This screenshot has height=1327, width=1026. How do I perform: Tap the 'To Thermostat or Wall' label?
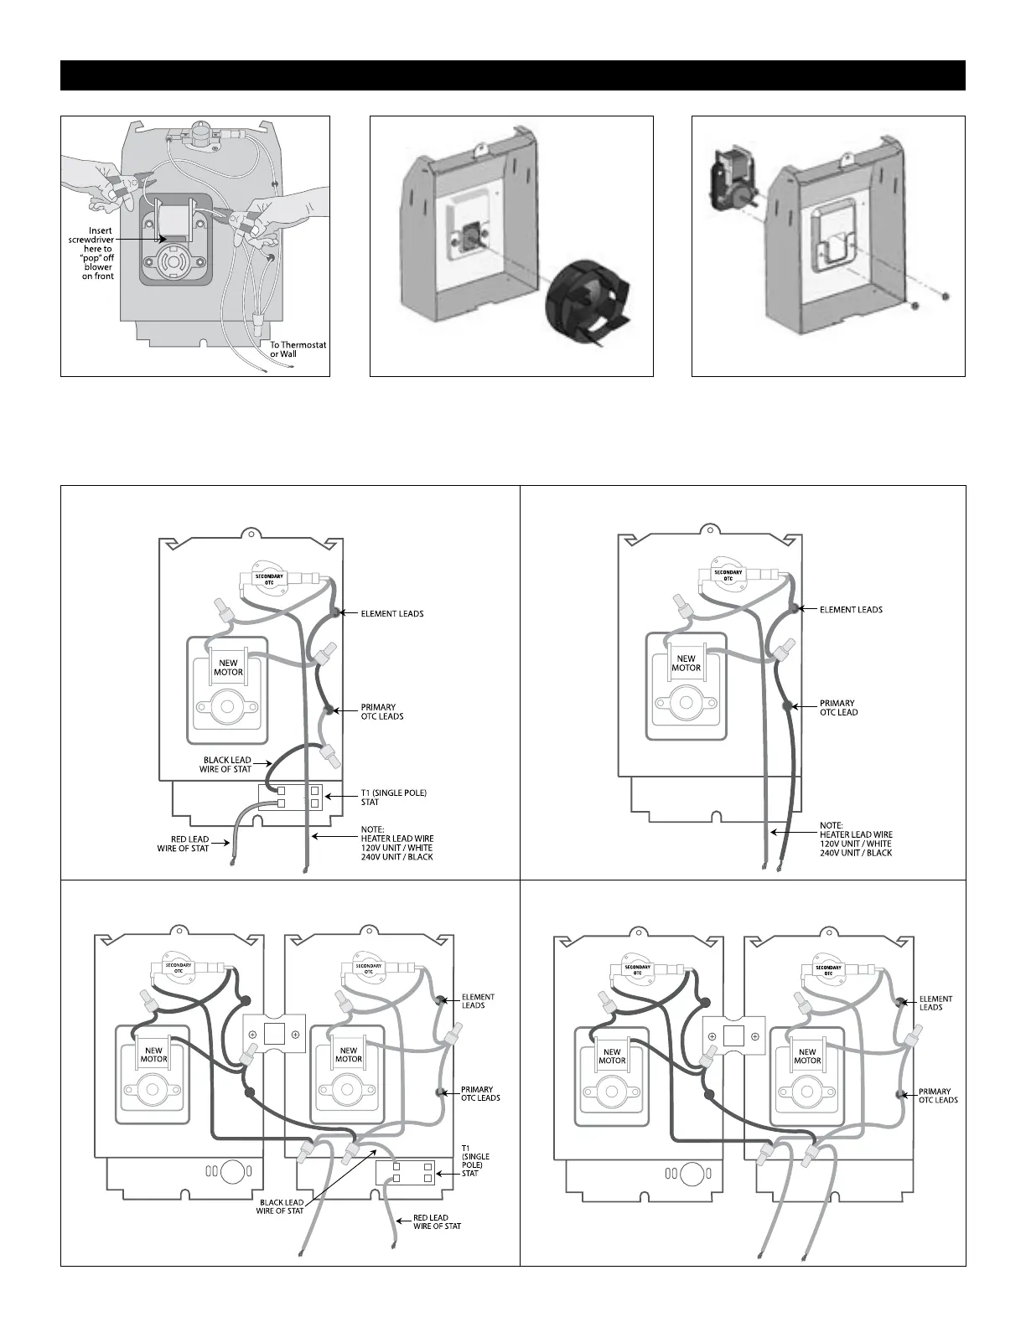click(x=298, y=349)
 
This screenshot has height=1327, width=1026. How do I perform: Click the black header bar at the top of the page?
click(x=512, y=75)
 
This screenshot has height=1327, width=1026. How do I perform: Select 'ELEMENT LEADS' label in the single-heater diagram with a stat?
click(x=391, y=614)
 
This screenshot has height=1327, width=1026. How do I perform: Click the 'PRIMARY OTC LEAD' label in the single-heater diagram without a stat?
click(x=838, y=708)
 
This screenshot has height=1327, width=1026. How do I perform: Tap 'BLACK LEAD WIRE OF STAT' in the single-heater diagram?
click(x=225, y=765)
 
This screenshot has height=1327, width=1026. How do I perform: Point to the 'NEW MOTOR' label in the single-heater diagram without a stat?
click(x=686, y=663)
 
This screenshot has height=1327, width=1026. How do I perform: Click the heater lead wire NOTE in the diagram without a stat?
click(x=855, y=839)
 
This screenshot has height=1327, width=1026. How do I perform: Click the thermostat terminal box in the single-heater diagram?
click(x=299, y=797)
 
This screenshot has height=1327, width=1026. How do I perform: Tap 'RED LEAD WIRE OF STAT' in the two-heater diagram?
click(x=437, y=1221)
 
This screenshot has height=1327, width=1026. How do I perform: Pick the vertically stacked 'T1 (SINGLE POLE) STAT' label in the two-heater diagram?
click(x=475, y=1160)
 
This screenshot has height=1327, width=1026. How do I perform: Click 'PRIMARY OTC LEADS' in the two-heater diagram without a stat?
click(x=938, y=1096)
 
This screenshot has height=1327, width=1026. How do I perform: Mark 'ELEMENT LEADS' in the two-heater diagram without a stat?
click(x=935, y=1003)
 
